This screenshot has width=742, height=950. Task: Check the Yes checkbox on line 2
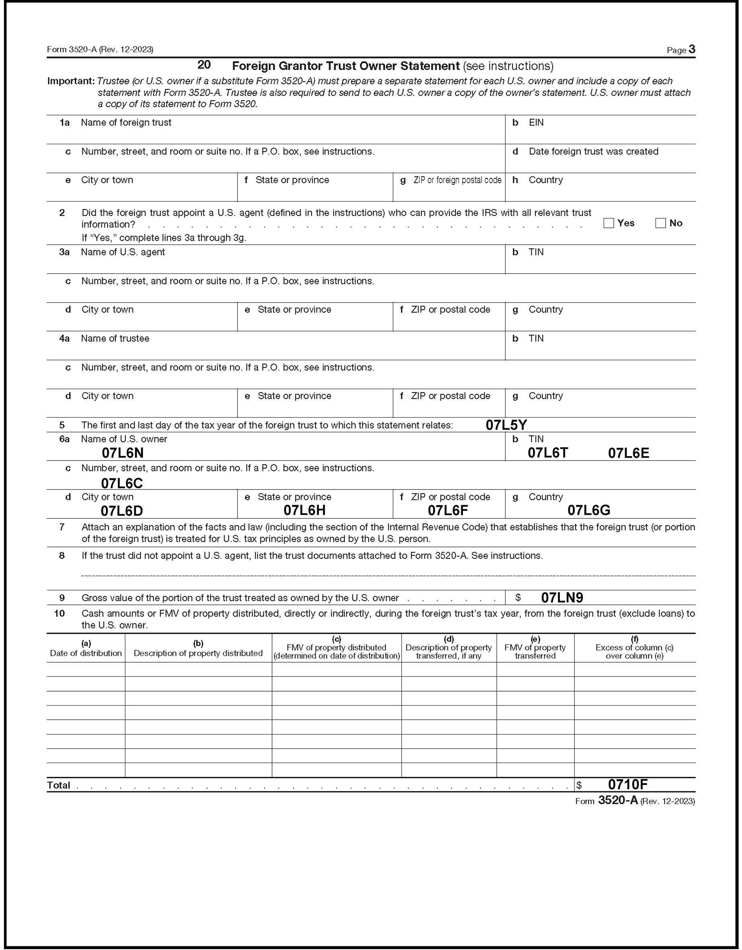tap(609, 223)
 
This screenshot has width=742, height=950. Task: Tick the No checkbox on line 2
tap(660, 223)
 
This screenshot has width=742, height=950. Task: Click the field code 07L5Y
tap(506, 425)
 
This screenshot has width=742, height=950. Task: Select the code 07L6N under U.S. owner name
tap(123, 453)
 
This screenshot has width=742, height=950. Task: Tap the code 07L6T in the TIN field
tap(548, 453)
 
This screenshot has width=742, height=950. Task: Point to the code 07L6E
tap(628, 453)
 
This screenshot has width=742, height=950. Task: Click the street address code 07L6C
tap(122, 483)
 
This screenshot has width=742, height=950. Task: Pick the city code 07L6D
tap(122, 511)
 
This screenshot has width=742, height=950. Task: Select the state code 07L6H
tap(305, 510)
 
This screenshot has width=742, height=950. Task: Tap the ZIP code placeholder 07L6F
tap(448, 510)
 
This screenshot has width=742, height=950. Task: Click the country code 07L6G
tap(589, 510)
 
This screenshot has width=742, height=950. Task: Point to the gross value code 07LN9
tap(562, 598)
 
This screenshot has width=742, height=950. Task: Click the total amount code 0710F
tap(627, 785)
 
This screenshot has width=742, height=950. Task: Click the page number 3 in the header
tap(692, 49)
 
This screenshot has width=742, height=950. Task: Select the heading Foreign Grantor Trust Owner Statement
tap(346, 66)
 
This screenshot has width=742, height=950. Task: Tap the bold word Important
tap(70, 81)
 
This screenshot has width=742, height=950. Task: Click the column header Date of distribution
tap(86, 653)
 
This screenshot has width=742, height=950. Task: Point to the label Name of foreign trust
tap(126, 123)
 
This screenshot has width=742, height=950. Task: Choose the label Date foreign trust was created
tap(593, 152)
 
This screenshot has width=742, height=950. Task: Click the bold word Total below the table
tap(58, 785)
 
